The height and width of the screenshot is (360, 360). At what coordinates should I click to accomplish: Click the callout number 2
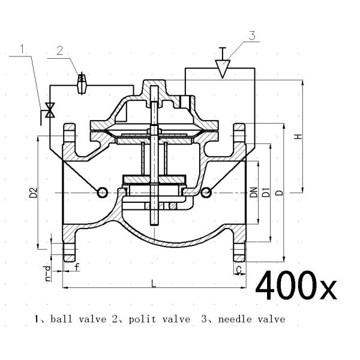61,50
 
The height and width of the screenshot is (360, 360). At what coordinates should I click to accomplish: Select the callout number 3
253,35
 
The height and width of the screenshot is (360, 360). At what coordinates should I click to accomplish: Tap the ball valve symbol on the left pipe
51,110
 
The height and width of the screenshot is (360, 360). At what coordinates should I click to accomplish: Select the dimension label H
296,136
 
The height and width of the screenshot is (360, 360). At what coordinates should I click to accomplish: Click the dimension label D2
34,193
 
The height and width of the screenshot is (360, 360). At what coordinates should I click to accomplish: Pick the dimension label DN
254,192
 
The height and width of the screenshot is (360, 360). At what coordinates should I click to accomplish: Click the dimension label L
154,284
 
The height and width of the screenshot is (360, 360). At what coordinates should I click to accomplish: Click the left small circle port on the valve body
102,192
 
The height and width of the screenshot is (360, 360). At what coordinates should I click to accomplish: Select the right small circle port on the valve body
206,192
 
